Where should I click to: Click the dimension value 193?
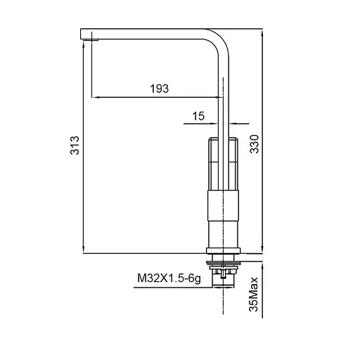(159, 89)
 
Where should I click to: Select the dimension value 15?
(198, 116)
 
